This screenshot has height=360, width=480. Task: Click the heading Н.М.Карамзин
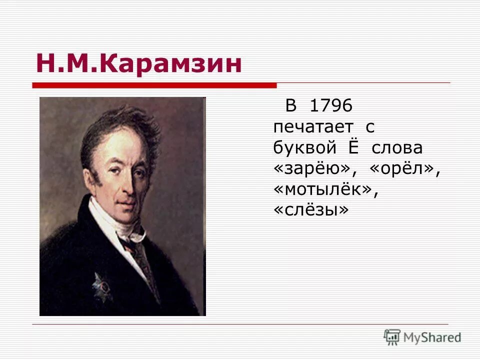pos(138,64)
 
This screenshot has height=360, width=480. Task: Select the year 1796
pos(331,106)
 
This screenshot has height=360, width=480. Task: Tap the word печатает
pos(313,127)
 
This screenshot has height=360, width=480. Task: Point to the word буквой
pos(303,148)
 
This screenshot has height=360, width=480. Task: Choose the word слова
pos(397,148)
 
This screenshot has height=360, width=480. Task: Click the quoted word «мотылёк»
pos(323,190)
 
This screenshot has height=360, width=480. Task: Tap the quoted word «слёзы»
pos(310,211)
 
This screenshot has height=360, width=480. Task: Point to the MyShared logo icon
pos(392,337)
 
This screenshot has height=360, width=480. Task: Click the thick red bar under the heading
pos(155,85)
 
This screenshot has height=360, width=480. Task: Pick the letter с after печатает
pos(370,128)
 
